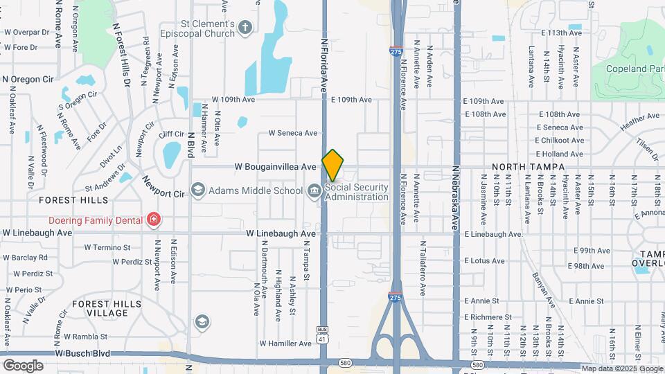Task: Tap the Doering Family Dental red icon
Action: pos(152,220)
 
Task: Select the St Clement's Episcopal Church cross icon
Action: pos(244,28)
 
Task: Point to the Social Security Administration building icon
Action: pos(314,190)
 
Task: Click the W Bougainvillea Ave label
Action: pos(275,167)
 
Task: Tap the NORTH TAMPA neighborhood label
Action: pos(529,167)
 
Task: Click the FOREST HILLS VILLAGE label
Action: pos(100,308)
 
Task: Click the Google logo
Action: pos(23,365)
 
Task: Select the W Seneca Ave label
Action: pos(293,133)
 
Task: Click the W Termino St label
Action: pos(107,247)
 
